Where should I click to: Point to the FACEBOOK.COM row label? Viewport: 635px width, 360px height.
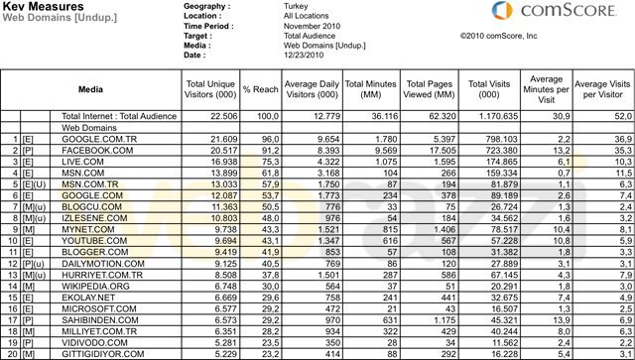point(98,150)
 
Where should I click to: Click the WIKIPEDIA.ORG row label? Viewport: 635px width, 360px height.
point(97,286)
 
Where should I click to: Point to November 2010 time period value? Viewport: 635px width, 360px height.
point(313,25)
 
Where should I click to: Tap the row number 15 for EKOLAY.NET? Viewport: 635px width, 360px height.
point(15,297)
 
